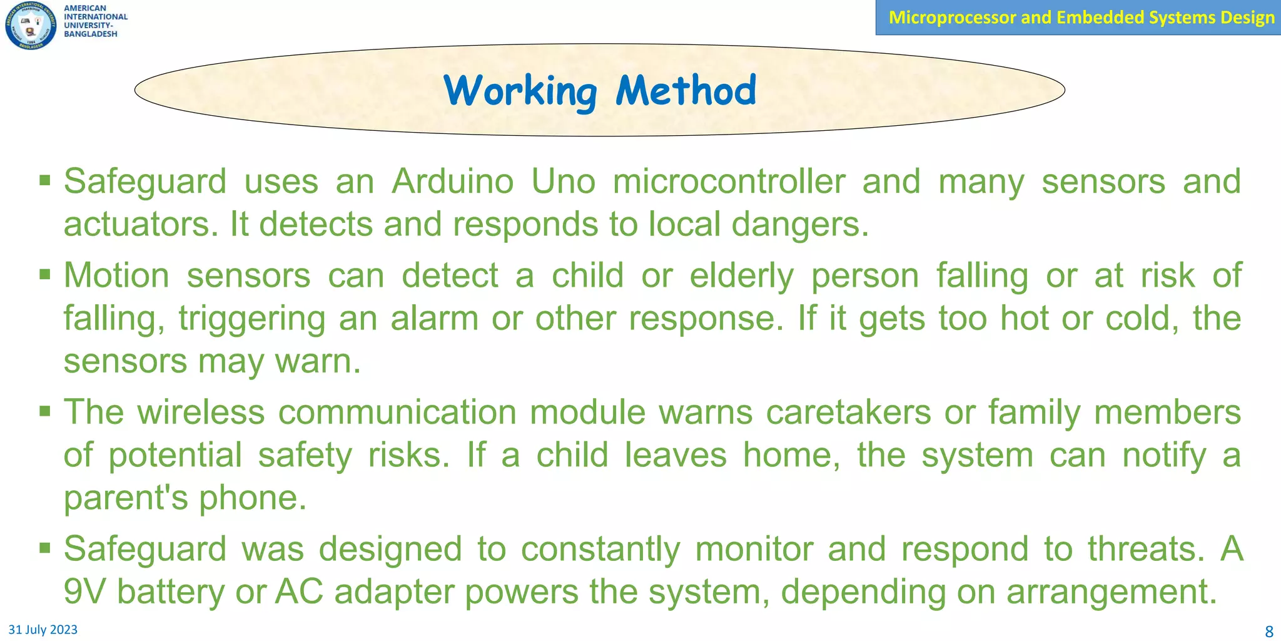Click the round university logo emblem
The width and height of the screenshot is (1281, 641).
click(31, 25)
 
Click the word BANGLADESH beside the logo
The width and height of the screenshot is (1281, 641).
click(91, 34)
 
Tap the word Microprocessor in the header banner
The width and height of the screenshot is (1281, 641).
click(952, 17)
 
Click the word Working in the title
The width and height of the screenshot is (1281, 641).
click(520, 91)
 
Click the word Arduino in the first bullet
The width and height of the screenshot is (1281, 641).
click(453, 182)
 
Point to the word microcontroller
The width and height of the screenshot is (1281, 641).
click(729, 182)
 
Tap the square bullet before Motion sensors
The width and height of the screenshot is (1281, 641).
click(44, 274)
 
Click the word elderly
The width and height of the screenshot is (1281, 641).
click(741, 276)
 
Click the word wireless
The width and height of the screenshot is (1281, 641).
click(201, 413)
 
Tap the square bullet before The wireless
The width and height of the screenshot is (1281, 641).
click(44, 411)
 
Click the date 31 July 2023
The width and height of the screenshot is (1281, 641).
click(43, 630)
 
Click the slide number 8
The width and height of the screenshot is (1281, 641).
click(1269, 631)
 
